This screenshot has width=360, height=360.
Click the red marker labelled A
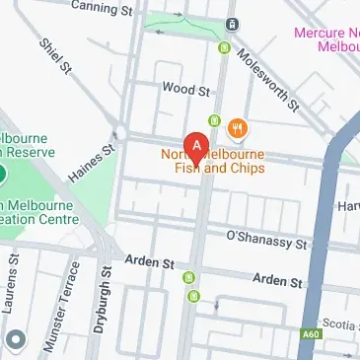pyautogui.click(x=197, y=149)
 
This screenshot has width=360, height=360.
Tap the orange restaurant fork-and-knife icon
pyautogui.click(x=237, y=128)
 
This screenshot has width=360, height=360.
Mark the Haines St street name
pyautogui.click(x=92, y=163)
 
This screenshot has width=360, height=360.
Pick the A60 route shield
pyautogui.click(x=311, y=333)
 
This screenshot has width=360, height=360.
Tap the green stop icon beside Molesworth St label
pyautogui.click(x=225, y=47)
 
